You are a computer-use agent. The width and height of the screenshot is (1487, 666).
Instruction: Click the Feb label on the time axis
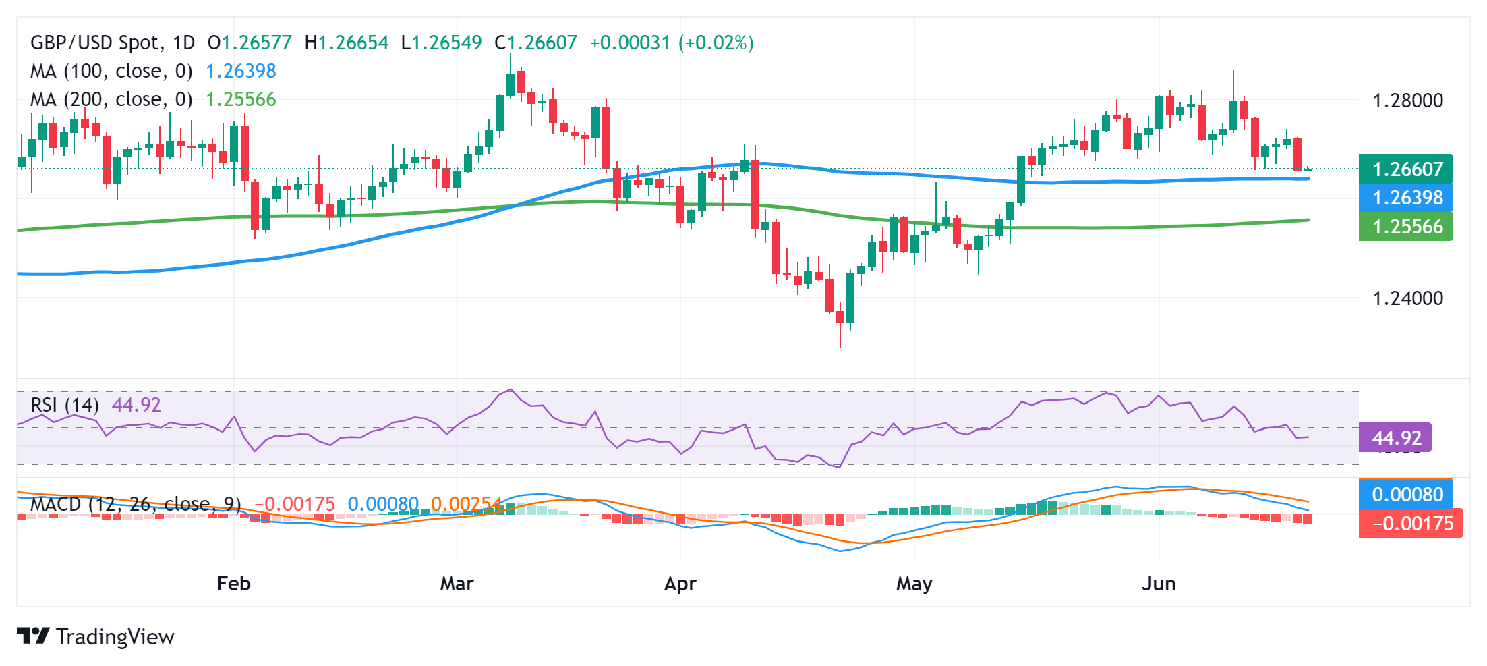tap(233, 584)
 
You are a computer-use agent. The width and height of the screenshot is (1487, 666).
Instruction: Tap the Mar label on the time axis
tap(457, 584)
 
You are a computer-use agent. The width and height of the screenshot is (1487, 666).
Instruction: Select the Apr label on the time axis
tap(680, 584)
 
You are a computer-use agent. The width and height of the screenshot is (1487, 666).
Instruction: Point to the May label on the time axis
tap(914, 584)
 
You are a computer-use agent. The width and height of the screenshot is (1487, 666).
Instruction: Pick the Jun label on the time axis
tap(1159, 584)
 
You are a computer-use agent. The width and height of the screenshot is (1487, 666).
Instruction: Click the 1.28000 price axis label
tap(1408, 101)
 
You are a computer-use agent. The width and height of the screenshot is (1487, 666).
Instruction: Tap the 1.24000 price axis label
tap(1408, 298)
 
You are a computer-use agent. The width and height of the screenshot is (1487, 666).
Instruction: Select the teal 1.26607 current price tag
tap(1406, 169)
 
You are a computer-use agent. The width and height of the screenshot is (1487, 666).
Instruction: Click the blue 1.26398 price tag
tap(1406, 198)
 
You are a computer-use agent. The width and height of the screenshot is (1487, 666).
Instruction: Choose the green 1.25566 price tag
tap(1406, 227)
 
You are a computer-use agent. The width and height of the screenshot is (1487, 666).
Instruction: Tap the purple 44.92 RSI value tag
tap(1395, 438)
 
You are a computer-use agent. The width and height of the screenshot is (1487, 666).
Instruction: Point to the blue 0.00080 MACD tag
tap(1406, 495)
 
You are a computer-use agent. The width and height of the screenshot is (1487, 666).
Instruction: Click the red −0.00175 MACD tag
tap(1411, 524)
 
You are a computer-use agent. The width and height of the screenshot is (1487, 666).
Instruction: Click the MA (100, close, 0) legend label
tap(111, 71)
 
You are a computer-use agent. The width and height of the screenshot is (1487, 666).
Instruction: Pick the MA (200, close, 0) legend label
tap(111, 99)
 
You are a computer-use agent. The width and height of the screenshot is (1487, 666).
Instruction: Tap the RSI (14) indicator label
tap(65, 405)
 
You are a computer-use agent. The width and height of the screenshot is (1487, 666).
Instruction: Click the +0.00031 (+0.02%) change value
tap(672, 43)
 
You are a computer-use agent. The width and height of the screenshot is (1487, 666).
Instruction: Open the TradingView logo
tap(95, 636)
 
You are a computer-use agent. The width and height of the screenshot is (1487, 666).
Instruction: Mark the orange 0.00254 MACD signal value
tap(466, 504)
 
